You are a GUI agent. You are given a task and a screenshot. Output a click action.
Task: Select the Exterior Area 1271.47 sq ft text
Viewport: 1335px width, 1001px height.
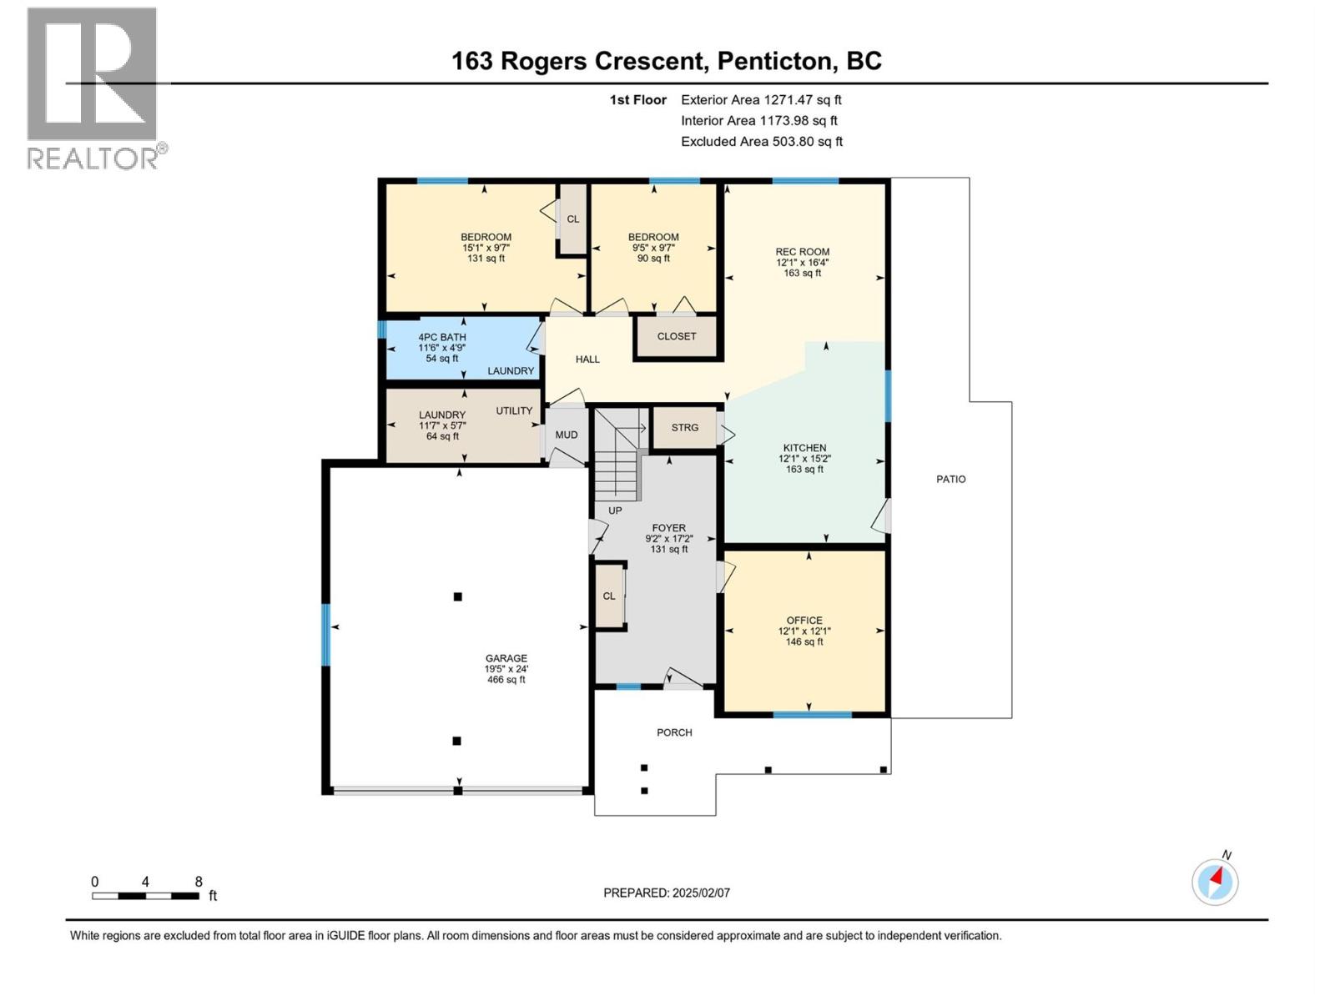click(760, 100)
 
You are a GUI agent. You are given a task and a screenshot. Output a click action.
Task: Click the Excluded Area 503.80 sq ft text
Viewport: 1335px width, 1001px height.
click(761, 142)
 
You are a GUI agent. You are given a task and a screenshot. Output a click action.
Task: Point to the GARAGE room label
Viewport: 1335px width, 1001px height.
click(506, 659)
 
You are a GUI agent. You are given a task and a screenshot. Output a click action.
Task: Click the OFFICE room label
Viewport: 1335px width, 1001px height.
click(804, 621)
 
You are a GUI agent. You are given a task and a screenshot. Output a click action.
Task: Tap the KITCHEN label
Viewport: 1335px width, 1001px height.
click(804, 449)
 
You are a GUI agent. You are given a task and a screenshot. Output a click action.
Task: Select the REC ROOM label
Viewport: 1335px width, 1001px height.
click(802, 252)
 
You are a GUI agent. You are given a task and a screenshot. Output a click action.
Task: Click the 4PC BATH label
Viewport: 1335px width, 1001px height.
click(441, 338)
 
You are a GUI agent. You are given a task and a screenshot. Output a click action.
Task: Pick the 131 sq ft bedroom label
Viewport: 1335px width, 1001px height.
click(486, 238)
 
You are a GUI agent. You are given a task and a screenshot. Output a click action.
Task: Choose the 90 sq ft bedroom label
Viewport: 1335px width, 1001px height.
click(653, 238)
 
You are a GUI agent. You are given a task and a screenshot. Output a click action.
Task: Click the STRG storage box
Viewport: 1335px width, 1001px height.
click(684, 428)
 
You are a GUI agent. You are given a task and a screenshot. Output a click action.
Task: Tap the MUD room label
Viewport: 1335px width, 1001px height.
click(567, 435)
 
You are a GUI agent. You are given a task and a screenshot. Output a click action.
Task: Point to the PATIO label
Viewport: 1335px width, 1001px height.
click(950, 480)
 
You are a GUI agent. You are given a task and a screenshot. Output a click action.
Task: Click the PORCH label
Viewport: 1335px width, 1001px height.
click(674, 733)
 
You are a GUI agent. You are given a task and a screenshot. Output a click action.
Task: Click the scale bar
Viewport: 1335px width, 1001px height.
click(145, 896)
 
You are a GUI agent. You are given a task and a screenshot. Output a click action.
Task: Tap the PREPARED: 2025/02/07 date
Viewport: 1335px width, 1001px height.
click(667, 893)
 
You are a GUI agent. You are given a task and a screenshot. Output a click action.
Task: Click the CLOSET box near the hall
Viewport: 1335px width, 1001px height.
click(676, 337)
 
